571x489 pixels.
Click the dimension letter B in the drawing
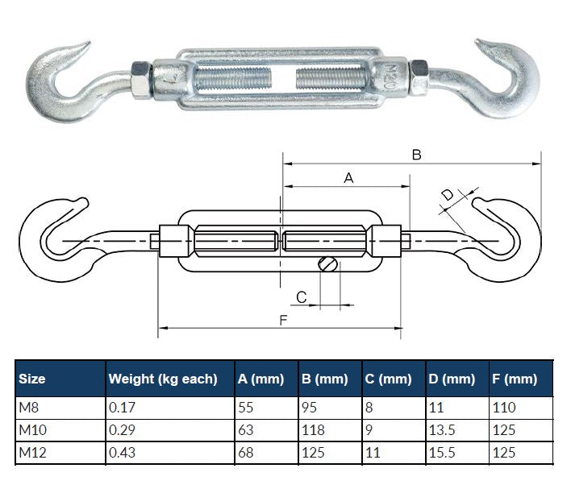[x=416, y=155]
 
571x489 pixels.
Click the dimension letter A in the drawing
[x=348, y=178]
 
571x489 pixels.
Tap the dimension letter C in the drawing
[x=302, y=297]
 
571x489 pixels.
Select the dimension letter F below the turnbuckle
[x=283, y=320]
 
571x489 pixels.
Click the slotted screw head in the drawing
[x=329, y=263]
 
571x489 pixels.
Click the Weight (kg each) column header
[x=163, y=379]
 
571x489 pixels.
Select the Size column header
[x=32, y=379]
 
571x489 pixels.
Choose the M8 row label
[x=28, y=408]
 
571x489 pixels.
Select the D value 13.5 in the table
[x=441, y=430]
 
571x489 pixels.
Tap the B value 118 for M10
[x=314, y=430]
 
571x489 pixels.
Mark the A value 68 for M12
[x=246, y=453]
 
